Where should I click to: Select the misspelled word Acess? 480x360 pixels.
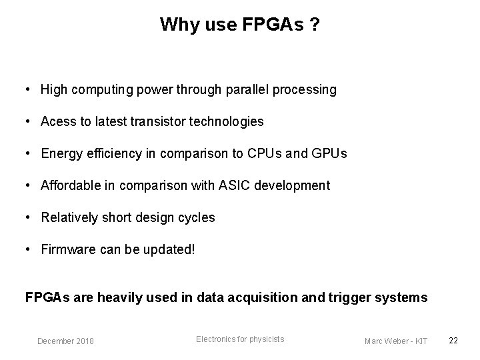click(58, 121)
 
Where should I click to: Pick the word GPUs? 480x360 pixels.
click(329, 153)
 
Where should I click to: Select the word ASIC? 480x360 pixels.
click(233, 185)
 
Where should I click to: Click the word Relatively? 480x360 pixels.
click(70, 217)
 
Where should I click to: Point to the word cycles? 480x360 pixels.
click(197, 217)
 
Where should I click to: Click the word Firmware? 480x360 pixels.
click(66, 250)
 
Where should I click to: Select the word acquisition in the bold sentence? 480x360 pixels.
click(255, 297)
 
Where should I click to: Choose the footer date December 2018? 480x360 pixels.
click(65, 341)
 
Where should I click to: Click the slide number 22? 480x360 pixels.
click(453, 341)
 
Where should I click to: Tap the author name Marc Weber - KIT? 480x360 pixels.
click(396, 341)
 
